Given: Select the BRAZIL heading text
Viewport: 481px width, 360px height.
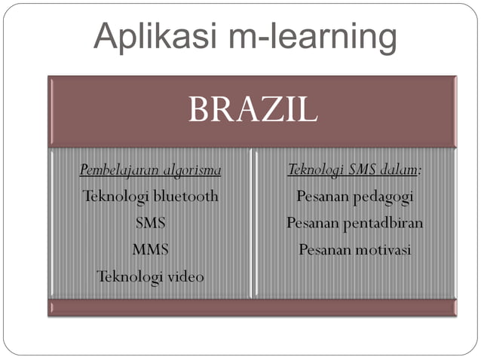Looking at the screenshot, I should [x=253, y=111].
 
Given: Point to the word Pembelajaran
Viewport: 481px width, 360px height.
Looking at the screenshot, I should [x=118, y=170].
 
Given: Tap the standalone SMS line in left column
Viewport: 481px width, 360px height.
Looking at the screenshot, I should [x=150, y=223].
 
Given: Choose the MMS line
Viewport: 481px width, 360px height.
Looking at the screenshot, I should [x=150, y=249].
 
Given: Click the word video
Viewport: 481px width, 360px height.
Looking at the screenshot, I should [x=185, y=276].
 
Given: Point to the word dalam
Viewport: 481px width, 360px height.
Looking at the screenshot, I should [x=400, y=170].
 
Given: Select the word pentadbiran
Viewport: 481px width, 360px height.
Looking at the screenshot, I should [x=383, y=224].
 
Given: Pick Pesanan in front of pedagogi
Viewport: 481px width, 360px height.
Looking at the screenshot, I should [x=322, y=197].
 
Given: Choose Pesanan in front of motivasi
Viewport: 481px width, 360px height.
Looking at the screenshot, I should [x=324, y=250].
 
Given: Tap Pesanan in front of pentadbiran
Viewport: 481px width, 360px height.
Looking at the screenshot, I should [x=312, y=224].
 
